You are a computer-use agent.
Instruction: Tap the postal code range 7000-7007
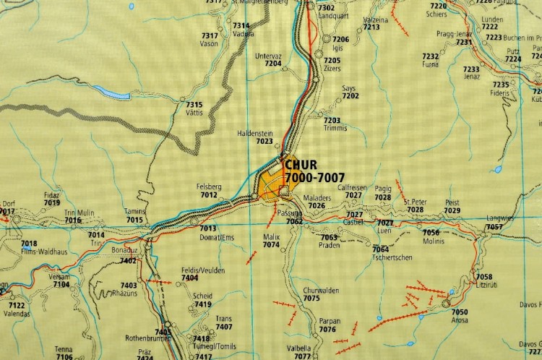coord(315,177)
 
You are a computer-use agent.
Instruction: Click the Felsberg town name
coord(208,187)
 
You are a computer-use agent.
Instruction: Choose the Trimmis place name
coord(336,129)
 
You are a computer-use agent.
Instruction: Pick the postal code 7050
coord(460,312)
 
